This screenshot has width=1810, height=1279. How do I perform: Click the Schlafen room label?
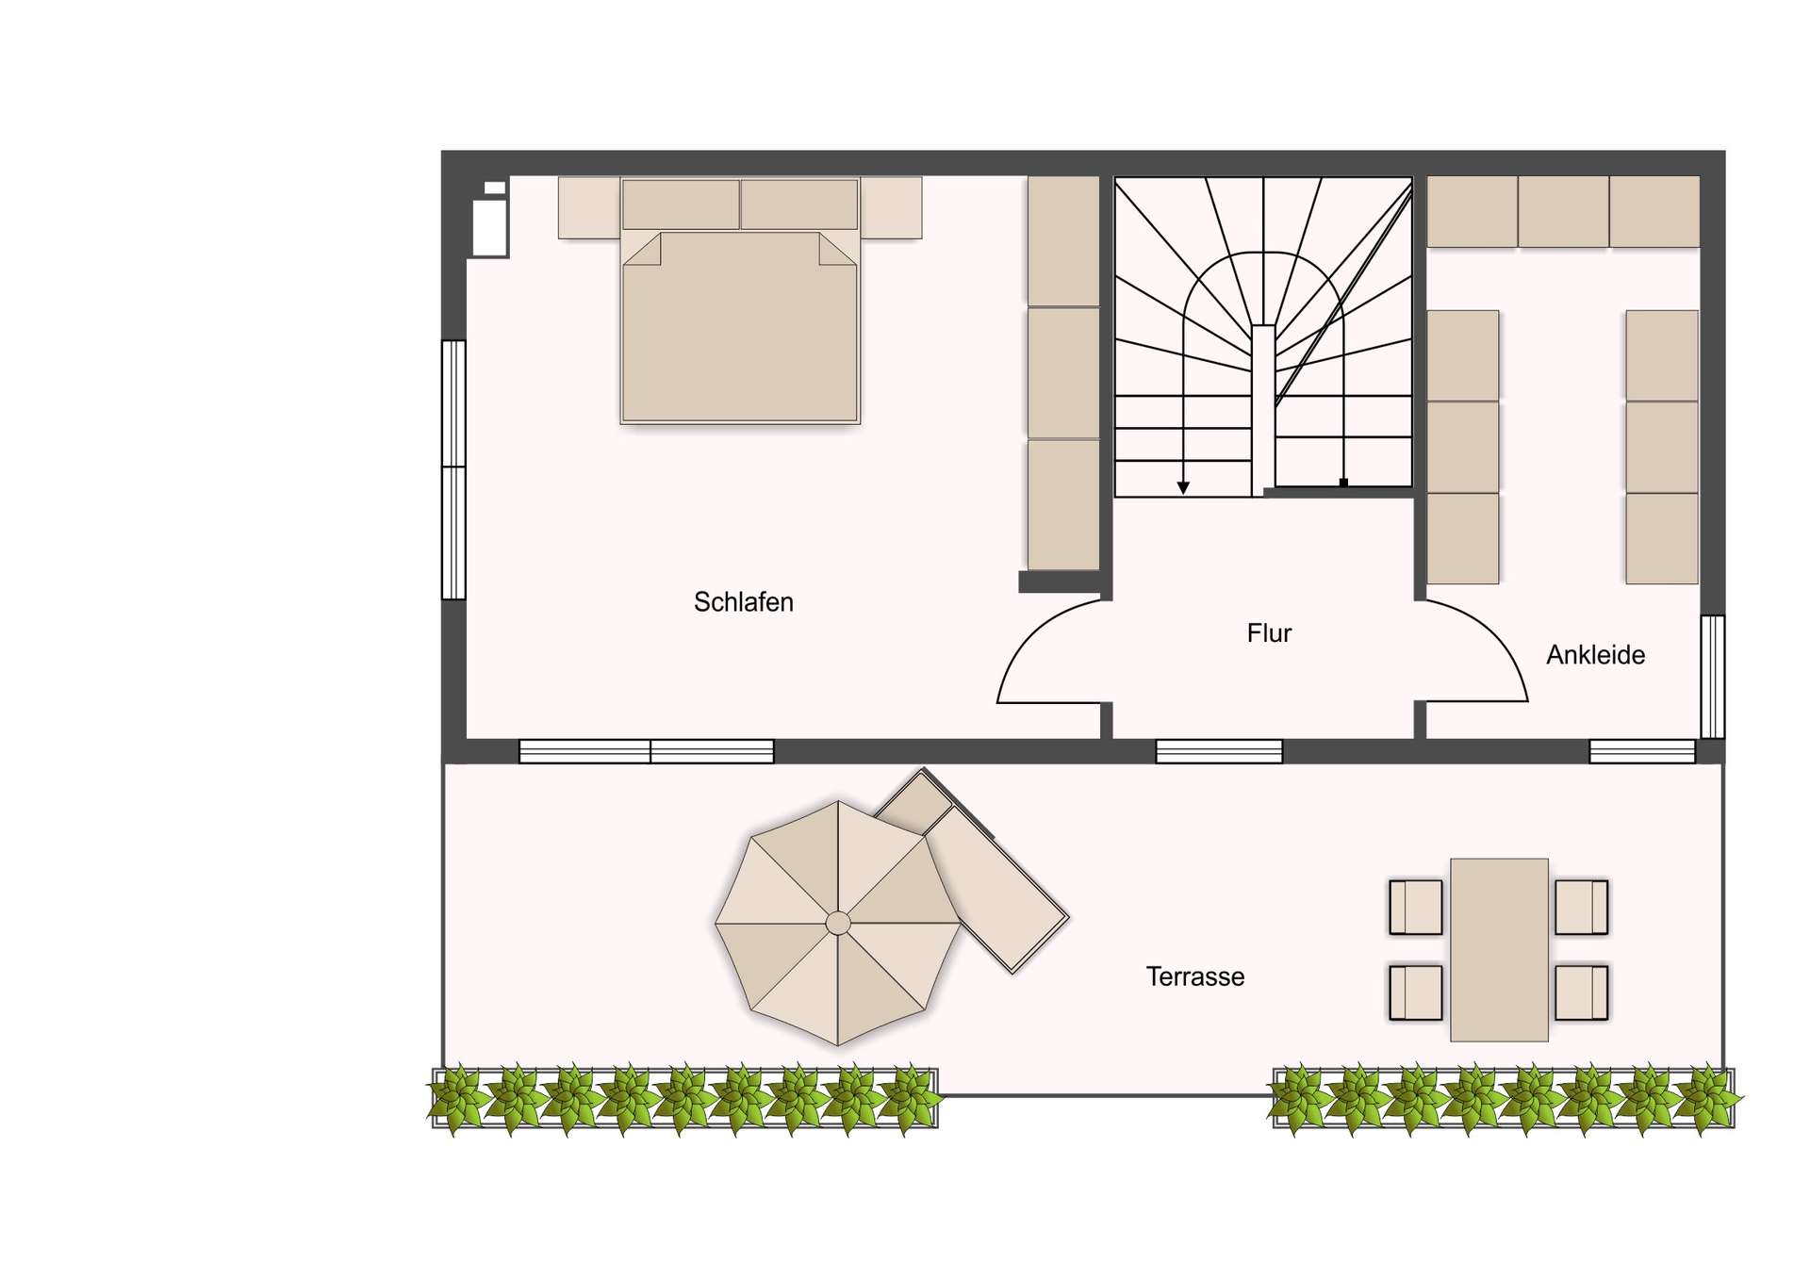[x=743, y=602]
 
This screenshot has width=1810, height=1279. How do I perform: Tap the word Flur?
[x=1269, y=633]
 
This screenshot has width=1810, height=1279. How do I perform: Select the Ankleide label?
[x=1595, y=655]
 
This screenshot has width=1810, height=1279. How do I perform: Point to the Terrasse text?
[x=1194, y=976]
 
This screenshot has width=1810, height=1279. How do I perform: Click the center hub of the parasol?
[x=837, y=923]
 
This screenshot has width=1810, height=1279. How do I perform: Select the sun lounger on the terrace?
[x=972, y=870]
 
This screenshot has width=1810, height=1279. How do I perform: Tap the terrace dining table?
[x=1499, y=949]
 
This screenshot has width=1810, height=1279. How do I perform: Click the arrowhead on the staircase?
[x=1183, y=487]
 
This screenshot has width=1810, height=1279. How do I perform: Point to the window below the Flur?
[x=1219, y=751]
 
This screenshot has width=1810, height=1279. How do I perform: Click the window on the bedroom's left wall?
[x=454, y=469]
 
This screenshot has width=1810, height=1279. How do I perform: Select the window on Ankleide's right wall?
[x=1713, y=676]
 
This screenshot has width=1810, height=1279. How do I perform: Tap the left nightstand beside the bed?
[x=589, y=207]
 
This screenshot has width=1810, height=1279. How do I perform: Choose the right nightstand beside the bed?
[x=891, y=207]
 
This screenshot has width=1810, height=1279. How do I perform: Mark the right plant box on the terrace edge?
[x=1505, y=1098]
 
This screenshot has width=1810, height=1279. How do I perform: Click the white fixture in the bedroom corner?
[x=490, y=218]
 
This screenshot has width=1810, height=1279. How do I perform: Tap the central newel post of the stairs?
[x=1263, y=409]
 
